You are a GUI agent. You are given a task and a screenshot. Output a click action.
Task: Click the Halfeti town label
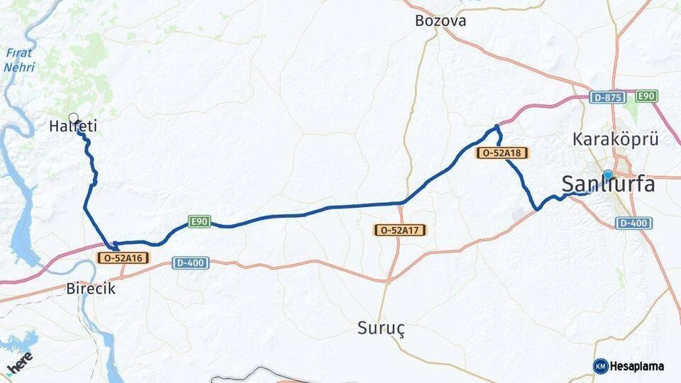pos(73,127)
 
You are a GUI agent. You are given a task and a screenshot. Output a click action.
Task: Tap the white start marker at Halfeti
pos(73,118)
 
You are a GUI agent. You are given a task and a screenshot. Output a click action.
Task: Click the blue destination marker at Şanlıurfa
pos(608,174)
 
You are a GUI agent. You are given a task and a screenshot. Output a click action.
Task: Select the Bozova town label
pos(441,21)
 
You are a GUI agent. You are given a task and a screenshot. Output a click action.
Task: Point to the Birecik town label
pos(90,289)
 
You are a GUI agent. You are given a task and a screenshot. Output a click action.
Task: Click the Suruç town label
pos(381,328)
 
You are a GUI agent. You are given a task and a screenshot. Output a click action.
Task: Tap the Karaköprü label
pos(616,139)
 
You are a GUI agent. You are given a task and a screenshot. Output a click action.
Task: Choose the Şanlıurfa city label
pos(608,184)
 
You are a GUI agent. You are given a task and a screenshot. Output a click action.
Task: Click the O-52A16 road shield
pos(123,257)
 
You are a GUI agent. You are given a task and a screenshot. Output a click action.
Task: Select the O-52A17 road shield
pos(400,230)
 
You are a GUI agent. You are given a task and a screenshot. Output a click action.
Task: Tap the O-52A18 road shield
pos(502,152)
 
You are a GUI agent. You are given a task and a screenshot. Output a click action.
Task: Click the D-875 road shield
pos(607,97)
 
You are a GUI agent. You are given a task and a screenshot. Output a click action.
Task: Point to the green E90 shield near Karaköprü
pos(646,96)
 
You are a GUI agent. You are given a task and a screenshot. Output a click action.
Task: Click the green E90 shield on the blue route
pos(199,222)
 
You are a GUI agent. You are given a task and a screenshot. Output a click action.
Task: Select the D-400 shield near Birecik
pos(190,263)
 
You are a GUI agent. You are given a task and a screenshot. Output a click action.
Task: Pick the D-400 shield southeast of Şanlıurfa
pos(633,223)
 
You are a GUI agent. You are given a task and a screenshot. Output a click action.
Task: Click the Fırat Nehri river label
pos(19,60)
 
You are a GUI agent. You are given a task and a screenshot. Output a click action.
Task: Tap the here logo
pos(19,361)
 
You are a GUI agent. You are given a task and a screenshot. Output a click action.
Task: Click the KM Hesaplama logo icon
pos(600,366)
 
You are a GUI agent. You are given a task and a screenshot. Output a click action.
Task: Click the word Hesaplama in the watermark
pos(636,366)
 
